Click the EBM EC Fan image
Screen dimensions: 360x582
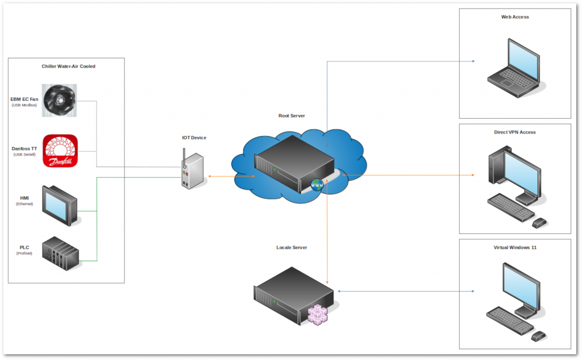60,101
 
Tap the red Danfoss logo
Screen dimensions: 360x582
60,152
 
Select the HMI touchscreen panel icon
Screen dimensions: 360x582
60,203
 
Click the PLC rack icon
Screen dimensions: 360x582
60,253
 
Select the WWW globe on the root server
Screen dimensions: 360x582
316,185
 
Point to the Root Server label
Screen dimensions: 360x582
292,116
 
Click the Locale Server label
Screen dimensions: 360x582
292,248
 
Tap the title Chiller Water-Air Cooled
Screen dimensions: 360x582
68,66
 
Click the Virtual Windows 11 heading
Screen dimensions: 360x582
515,248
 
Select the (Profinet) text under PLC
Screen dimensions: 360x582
24,253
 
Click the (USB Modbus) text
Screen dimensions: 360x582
24,105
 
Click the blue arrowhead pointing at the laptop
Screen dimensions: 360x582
472,61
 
